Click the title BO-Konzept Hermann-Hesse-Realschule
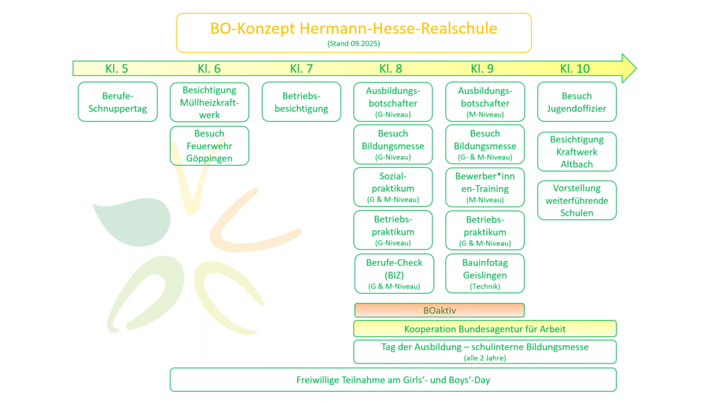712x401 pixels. click(354, 28)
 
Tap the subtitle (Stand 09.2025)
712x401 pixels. click(354, 44)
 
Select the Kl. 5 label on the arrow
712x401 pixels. click(117, 69)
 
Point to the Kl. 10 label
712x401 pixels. click(575, 69)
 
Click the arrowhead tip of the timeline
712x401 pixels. click(637, 69)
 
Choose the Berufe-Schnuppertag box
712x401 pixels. click(118, 102)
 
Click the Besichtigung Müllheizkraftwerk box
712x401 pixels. click(209, 102)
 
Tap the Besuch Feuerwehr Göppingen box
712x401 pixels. click(209, 146)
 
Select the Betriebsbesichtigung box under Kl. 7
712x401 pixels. click(302, 102)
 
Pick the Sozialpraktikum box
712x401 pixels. click(394, 187)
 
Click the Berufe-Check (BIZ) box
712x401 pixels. click(394, 274)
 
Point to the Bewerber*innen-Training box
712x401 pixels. click(485, 187)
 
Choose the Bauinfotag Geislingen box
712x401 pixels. click(485, 274)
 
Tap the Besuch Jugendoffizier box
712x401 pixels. click(576, 102)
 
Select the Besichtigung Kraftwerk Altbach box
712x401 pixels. click(576, 151)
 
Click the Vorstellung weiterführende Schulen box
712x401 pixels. click(576, 200)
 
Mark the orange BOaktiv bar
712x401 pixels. click(439, 310)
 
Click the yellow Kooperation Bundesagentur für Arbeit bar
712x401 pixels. click(485, 329)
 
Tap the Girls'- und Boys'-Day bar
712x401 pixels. click(394, 379)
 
